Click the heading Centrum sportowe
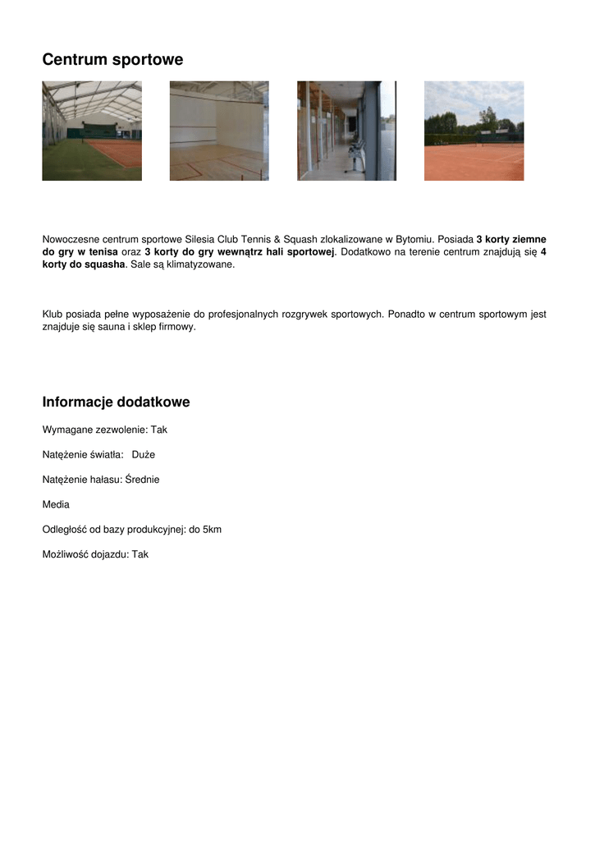click(x=112, y=60)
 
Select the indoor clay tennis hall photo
click(x=92, y=131)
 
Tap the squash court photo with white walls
click(x=219, y=131)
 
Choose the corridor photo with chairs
click(x=346, y=131)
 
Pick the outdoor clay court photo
click(x=474, y=131)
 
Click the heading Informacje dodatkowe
click(x=116, y=402)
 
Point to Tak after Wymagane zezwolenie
click(x=158, y=430)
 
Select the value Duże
click(x=143, y=454)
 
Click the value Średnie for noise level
click(x=142, y=480)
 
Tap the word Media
click(x=56, y=504)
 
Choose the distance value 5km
click(x=212, y=530)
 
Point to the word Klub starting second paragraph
click(x=53, y=314)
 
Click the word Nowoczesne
click(x=72, y=239)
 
